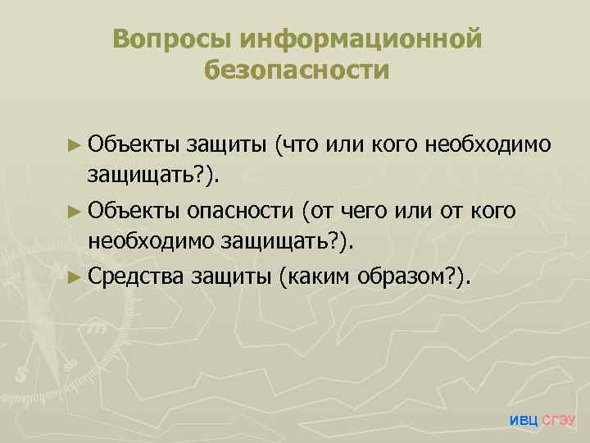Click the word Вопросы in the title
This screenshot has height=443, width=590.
point(170,39)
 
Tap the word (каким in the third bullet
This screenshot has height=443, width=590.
point(315,276)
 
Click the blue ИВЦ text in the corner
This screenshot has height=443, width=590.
point(524,421)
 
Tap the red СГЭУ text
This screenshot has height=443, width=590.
point(560,421)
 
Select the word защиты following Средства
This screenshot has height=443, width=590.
point(231,276)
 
